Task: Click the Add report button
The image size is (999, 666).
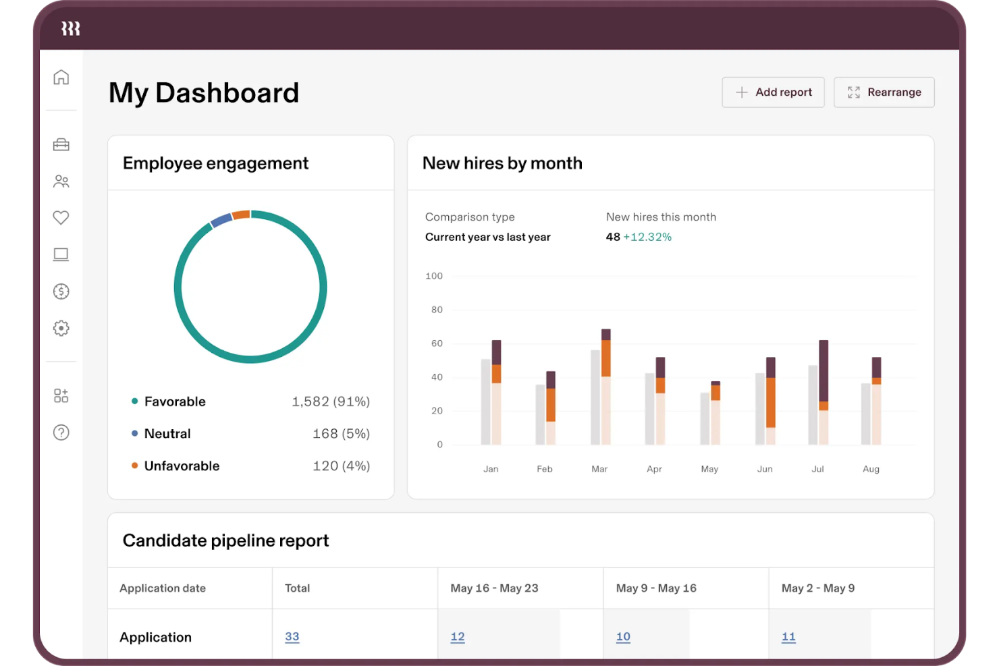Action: [773, 92]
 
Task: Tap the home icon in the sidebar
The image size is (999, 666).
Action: [61, 78]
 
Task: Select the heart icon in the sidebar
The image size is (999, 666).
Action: [61, 218]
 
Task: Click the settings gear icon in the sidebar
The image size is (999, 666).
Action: [61, 329]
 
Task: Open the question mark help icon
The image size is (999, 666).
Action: [61, 433]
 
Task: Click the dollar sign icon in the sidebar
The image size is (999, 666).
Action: [61, 292]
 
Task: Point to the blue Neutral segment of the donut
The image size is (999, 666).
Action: [221, 220]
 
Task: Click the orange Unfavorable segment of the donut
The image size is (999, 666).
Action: [241, 215]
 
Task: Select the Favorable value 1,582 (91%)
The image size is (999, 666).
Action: [331, 402]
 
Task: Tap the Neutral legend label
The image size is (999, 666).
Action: [167, 434]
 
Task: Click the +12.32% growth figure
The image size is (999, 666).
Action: [647, 238]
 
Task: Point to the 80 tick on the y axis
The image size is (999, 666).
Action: [437, 310]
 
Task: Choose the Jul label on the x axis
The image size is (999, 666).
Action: [817, 469]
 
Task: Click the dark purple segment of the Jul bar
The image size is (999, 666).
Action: [823, 371]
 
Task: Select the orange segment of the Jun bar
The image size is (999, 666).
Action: [771, 402]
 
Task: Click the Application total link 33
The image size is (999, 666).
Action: [292, 637]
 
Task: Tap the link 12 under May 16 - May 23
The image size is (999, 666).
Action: [458, 637]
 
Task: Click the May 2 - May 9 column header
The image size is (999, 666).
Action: [818, 588]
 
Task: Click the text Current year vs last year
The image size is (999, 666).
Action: [488, 238]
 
